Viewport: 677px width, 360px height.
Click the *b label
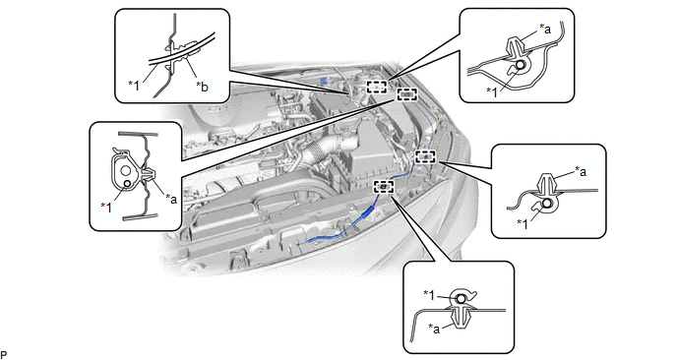[202, 87]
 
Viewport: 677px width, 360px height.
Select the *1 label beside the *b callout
[134, 86]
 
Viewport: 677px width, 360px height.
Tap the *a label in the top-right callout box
[545, 29]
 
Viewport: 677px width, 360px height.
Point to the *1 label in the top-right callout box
[492, 91]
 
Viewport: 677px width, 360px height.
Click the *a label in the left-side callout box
[171, 199]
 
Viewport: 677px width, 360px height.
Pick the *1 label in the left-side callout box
[106, 208]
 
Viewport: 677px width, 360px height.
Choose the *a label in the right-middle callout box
[581, 172]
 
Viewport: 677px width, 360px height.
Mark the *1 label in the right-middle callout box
[523, 223]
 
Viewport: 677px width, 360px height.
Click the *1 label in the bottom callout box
[429, 294]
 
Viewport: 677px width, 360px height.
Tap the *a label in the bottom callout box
[434, 329]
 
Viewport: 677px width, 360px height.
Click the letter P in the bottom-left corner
[4, 355]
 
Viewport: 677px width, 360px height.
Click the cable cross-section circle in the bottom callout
[461, 299]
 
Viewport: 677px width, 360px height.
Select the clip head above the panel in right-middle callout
[547, 183]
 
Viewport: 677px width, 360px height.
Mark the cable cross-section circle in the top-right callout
[521, 65]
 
